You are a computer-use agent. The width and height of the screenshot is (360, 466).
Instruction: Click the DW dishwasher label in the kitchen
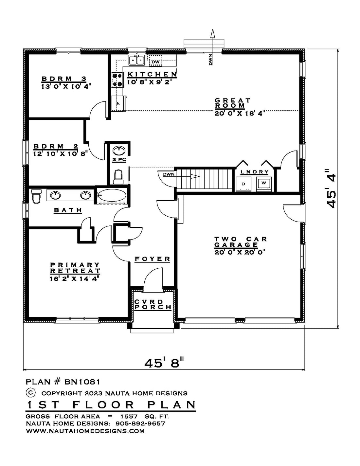[156, 62]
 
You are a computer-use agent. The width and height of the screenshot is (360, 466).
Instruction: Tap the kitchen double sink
[136, 60]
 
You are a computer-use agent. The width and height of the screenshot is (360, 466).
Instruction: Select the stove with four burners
[117, 80]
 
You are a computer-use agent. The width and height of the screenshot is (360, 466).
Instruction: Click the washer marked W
[264, 183]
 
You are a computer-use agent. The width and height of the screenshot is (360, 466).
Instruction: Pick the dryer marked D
[243, 184]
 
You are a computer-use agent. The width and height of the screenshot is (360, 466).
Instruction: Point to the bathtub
[111, 195]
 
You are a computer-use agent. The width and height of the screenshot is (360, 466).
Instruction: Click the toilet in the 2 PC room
[118, 177]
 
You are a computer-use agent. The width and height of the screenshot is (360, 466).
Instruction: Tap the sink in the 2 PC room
[118, 150]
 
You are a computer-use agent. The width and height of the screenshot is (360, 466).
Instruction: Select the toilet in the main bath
[36, 196]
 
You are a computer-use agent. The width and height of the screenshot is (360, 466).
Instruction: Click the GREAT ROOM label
[233, 103]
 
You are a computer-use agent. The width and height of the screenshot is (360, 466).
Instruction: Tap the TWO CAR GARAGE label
[241, 242]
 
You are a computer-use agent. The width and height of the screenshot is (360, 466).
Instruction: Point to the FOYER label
[153, 259]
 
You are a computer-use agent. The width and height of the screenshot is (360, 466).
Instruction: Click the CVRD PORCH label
[153, 305]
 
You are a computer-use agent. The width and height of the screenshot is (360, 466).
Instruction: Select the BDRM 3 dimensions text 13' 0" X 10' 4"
[66, 86]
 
